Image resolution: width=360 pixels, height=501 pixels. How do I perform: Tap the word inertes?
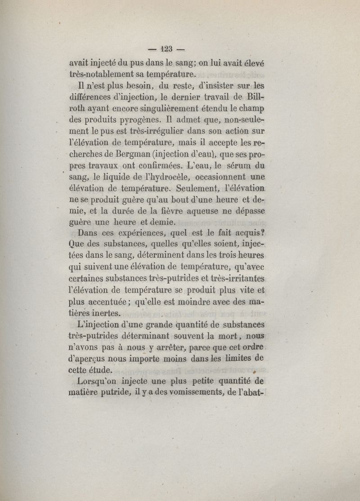[x=108, y=313]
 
